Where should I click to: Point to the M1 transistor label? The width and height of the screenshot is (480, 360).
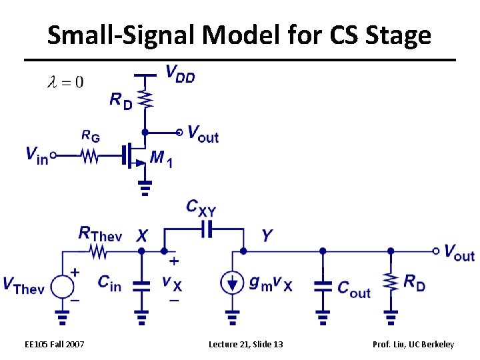point(162,159)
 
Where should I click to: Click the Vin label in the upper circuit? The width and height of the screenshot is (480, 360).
point(37,156)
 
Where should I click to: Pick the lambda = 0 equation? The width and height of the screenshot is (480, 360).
point(64,82)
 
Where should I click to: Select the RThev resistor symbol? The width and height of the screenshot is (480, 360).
point(99,251)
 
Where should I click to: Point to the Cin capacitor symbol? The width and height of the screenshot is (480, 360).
point(141,285)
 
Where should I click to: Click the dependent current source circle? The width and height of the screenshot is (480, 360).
point(232,283)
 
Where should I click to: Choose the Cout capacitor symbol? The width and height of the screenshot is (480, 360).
point(323,285)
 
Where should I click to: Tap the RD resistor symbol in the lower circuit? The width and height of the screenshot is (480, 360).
point(390,283)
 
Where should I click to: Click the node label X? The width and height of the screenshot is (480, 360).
point(142,235)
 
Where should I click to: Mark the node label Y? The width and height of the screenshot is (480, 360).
point(267,235)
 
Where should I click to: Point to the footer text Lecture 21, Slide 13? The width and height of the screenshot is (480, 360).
point(245,344)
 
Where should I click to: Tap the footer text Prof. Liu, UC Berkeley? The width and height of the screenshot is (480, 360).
point(414,344)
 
